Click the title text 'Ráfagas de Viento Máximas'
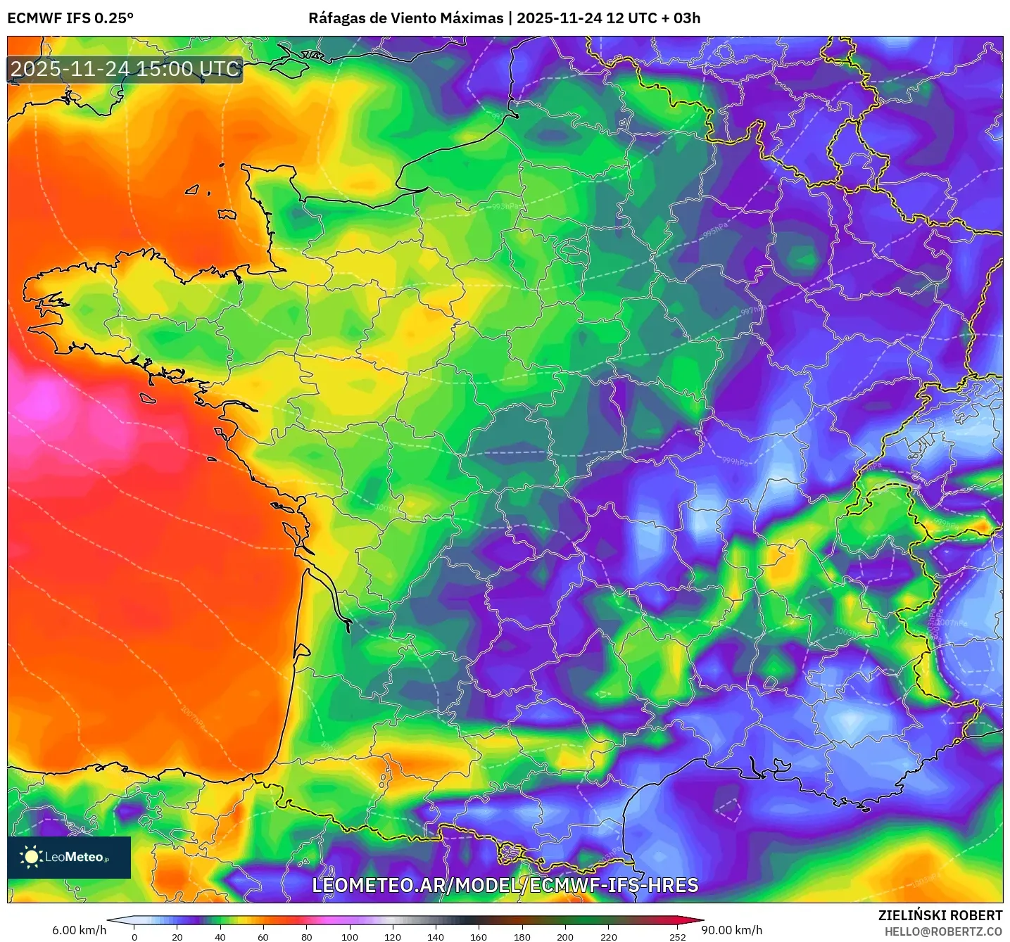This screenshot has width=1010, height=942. (406, 18)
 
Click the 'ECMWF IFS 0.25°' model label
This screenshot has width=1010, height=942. (70, 18)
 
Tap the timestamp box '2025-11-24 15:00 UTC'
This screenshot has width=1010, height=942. (125, 70)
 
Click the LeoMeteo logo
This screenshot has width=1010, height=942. (69, 857)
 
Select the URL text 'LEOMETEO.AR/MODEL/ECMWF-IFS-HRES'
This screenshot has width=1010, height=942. (505, 885)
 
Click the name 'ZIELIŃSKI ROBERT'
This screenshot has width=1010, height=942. (940, 915)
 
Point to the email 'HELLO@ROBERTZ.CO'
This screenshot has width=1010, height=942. (942, 931)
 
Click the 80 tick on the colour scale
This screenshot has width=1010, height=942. (307, 936)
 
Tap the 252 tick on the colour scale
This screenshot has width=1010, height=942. (677, 936)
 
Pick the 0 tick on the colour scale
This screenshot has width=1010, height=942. (134, 936)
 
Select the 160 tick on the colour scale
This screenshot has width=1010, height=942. (479, 936)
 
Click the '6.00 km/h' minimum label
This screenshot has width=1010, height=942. (79, 930)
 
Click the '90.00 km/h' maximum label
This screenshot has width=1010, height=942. (731, 930)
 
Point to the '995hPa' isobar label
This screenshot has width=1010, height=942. (715, 231)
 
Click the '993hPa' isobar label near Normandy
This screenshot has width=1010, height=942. (506, 206)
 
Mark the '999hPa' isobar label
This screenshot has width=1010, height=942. (736, 462)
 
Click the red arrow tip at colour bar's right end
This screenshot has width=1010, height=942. (700, 919)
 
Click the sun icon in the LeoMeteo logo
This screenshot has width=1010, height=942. (31, 857)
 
